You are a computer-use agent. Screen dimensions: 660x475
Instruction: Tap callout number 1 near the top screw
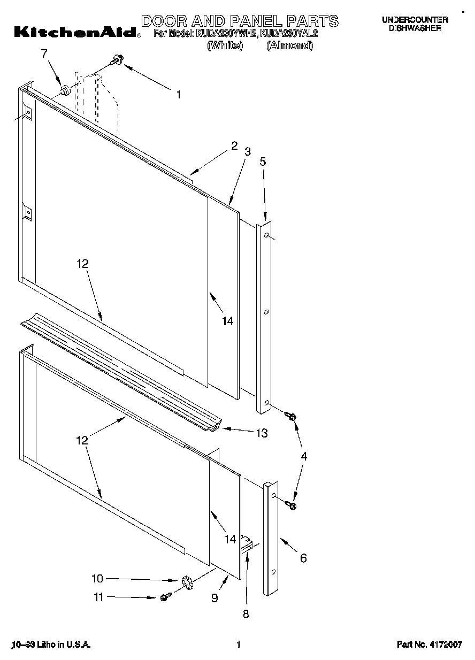coord(179,95)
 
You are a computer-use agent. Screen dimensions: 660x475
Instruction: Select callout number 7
coord(44,53)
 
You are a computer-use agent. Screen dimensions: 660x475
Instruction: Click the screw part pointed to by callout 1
coord(117,62)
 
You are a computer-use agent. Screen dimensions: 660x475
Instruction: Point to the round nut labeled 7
coord(65,90)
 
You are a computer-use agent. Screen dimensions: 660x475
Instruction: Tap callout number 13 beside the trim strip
coord(262,433)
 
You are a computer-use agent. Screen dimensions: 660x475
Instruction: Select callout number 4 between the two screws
coord(304,456)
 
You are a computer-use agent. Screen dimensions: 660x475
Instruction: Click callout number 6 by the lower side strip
coord(303,558)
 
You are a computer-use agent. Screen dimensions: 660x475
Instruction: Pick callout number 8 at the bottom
coord(246,615)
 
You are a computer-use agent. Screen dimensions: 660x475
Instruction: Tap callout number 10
coord(97,579)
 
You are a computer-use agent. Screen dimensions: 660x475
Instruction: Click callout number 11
coord(98,597)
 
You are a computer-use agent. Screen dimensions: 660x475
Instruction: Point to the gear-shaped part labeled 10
coord(186,581)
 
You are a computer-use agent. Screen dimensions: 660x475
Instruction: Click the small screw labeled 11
coord(165,596)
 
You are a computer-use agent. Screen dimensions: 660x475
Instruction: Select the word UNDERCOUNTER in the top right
coord(415,20)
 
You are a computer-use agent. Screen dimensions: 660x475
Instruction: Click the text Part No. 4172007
coord(429,645)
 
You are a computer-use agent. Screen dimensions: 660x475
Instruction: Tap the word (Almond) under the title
coord(289,46)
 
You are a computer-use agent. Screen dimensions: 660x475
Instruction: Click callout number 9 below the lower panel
coord(214,598)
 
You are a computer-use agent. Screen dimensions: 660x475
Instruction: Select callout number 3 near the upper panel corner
coord(248,151)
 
